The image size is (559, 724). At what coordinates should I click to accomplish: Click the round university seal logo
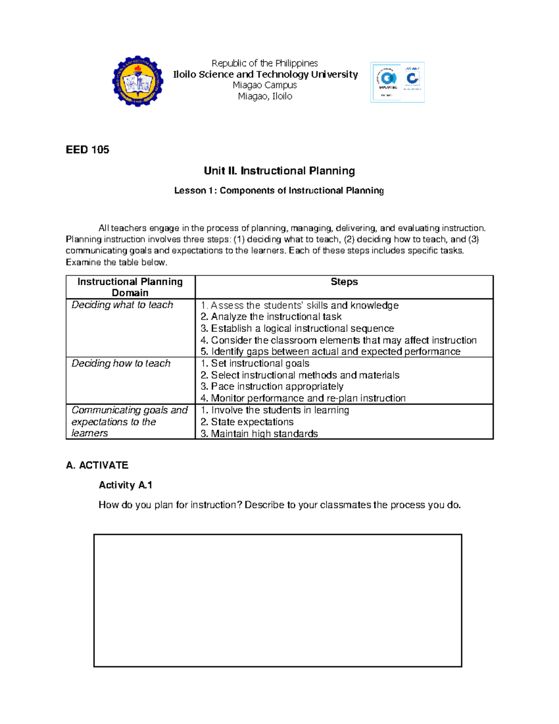coord(137,82)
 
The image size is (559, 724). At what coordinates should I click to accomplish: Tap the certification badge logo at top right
coord(397,82)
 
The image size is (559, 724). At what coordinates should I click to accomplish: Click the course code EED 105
coord(88,150)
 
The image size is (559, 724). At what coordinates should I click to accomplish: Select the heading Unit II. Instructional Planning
coord(279,171)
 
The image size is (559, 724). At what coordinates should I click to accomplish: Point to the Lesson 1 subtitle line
coord(279,190)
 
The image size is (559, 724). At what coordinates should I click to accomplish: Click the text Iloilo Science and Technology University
coord(265,75)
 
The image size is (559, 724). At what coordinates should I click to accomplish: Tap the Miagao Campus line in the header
coord(265,85)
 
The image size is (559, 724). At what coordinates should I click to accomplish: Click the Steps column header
coord(344,282)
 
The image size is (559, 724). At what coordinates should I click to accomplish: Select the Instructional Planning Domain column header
coord(130,287)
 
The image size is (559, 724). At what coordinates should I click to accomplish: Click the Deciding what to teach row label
coord(122,305)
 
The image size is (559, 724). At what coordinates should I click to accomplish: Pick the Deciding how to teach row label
coord(121,363)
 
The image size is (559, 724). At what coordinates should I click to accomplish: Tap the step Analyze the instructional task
coord(271,317)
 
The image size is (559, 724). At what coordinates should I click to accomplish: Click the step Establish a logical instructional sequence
coord(297,328)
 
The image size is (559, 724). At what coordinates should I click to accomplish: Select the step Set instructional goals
coord(255,363)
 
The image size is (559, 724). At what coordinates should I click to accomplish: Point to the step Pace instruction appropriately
coord(272,386)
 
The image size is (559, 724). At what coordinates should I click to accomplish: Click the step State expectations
coord(247,422)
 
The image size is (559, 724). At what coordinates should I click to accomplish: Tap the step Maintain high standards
coord(259,434)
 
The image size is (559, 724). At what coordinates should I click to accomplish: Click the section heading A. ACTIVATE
coord(97,465)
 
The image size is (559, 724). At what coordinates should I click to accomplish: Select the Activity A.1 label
coord(125,485)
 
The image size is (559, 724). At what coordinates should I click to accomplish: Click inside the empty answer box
coord(278,600)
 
